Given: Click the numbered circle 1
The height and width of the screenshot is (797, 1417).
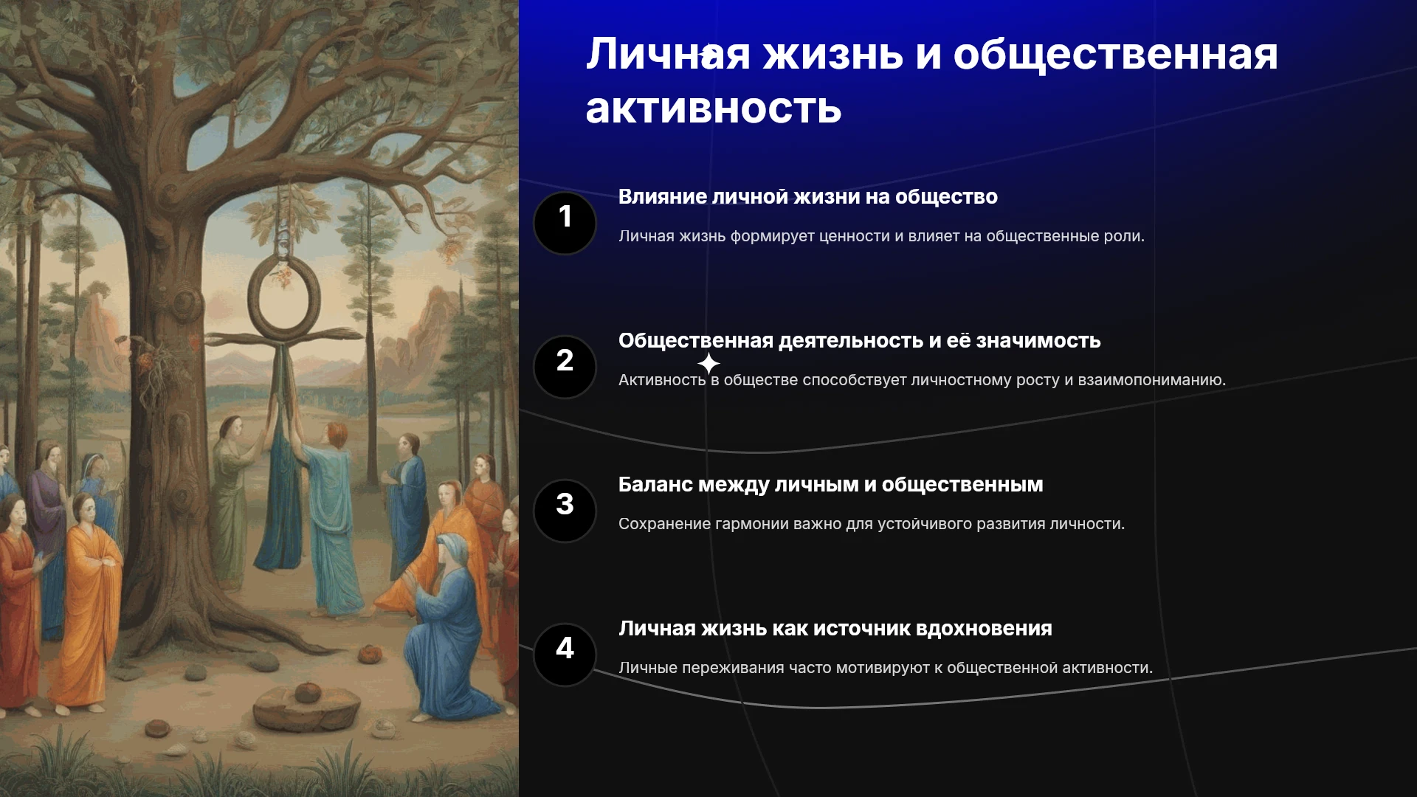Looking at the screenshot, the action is [565, 223].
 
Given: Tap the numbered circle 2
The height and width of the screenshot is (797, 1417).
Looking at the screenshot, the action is [565, 367].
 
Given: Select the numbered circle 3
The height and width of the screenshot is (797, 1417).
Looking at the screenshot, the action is [565, 511].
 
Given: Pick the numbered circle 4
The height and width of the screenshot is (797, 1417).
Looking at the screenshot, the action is [565, 655].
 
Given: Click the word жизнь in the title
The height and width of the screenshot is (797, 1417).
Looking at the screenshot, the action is [833, 54].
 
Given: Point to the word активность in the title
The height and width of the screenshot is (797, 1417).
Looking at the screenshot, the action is [714, 108].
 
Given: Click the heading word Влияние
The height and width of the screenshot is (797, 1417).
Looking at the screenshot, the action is [662, 196].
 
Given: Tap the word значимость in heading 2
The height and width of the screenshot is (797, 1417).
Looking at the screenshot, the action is [1038, 340].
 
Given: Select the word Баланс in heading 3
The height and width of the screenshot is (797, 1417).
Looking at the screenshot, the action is [655, 484].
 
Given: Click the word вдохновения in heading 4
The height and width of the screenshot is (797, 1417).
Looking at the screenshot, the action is [984, 629].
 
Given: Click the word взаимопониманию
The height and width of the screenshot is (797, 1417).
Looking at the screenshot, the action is [1151, 380].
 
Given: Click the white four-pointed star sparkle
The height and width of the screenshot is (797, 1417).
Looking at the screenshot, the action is [708, 363].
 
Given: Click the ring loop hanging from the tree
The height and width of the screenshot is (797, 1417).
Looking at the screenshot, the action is [284, 295].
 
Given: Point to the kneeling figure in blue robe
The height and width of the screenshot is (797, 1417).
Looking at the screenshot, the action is [450, 627].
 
